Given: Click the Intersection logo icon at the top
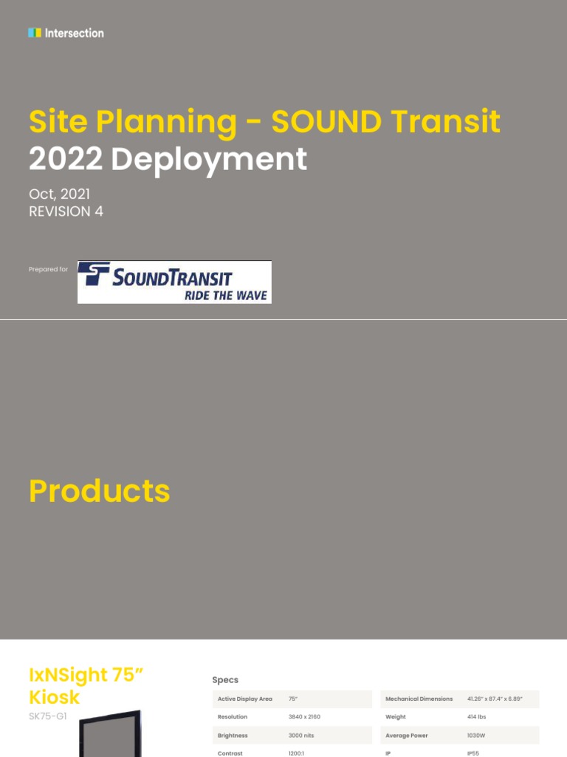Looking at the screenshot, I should pyautogui.click(x=34, y=33).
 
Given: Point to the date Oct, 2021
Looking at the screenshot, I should pyautogui.click(x=59, y=194).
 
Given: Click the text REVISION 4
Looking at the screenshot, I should pyautogui.click(x=66, y=211).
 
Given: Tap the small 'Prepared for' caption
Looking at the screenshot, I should pyautogui.click(x=48, y=269).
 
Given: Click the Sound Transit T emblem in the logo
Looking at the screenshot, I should pyautogui.click(x=94, y=274).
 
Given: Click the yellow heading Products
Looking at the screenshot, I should pyautogui.click(x=100, y=492).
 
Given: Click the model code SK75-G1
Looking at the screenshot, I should pyautogui.click(x=48, y=716).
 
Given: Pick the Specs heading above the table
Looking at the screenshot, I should pyautogui.click(x=225, y=679).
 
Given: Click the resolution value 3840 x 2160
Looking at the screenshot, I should pyautogui.click(x=304, y=717).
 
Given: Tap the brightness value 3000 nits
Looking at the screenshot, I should pyautogui.click(x=303, y=736).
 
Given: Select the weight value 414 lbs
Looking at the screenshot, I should pyautogui.click(x=476, y=717).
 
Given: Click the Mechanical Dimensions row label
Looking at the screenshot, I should pyautogui.click(x=419, y=699).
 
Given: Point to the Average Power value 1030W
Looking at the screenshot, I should pyautogui.click(x=476, y=736).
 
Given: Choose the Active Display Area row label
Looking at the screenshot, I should pyautogui.click(x=245, y=699).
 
